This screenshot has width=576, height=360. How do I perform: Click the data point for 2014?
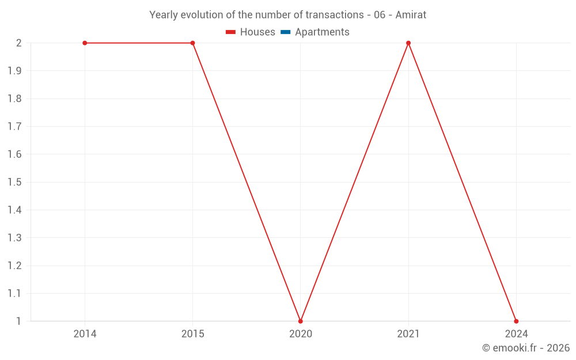[85, 43]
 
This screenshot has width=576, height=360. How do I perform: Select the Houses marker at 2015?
[192, 43]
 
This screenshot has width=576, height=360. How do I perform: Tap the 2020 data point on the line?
[301, 321]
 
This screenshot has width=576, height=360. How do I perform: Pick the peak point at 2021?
[408, 43]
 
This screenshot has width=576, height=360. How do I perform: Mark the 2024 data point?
[516, 321]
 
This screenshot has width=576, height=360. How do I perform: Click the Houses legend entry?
[250, 32]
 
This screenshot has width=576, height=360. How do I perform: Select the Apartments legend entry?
[315, 32]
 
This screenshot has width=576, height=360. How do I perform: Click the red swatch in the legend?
[230, 32]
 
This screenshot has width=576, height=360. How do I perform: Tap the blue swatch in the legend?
[286, 32]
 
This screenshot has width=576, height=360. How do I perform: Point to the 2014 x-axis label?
[85, 334]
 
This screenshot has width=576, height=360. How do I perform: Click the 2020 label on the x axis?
[301, 334]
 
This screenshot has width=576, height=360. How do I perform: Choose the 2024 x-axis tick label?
[516, 334]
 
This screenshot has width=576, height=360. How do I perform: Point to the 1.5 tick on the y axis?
[15, 182]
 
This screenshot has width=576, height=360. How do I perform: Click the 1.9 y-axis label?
[15, 70]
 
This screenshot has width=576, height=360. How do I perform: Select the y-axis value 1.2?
[15, 266]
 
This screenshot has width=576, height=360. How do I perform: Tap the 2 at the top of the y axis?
[19, 43]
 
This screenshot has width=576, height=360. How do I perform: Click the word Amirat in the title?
[411, 15]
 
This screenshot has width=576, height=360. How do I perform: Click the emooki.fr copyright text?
[526, 347]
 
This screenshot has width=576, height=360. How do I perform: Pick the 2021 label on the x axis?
[408, 334]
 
